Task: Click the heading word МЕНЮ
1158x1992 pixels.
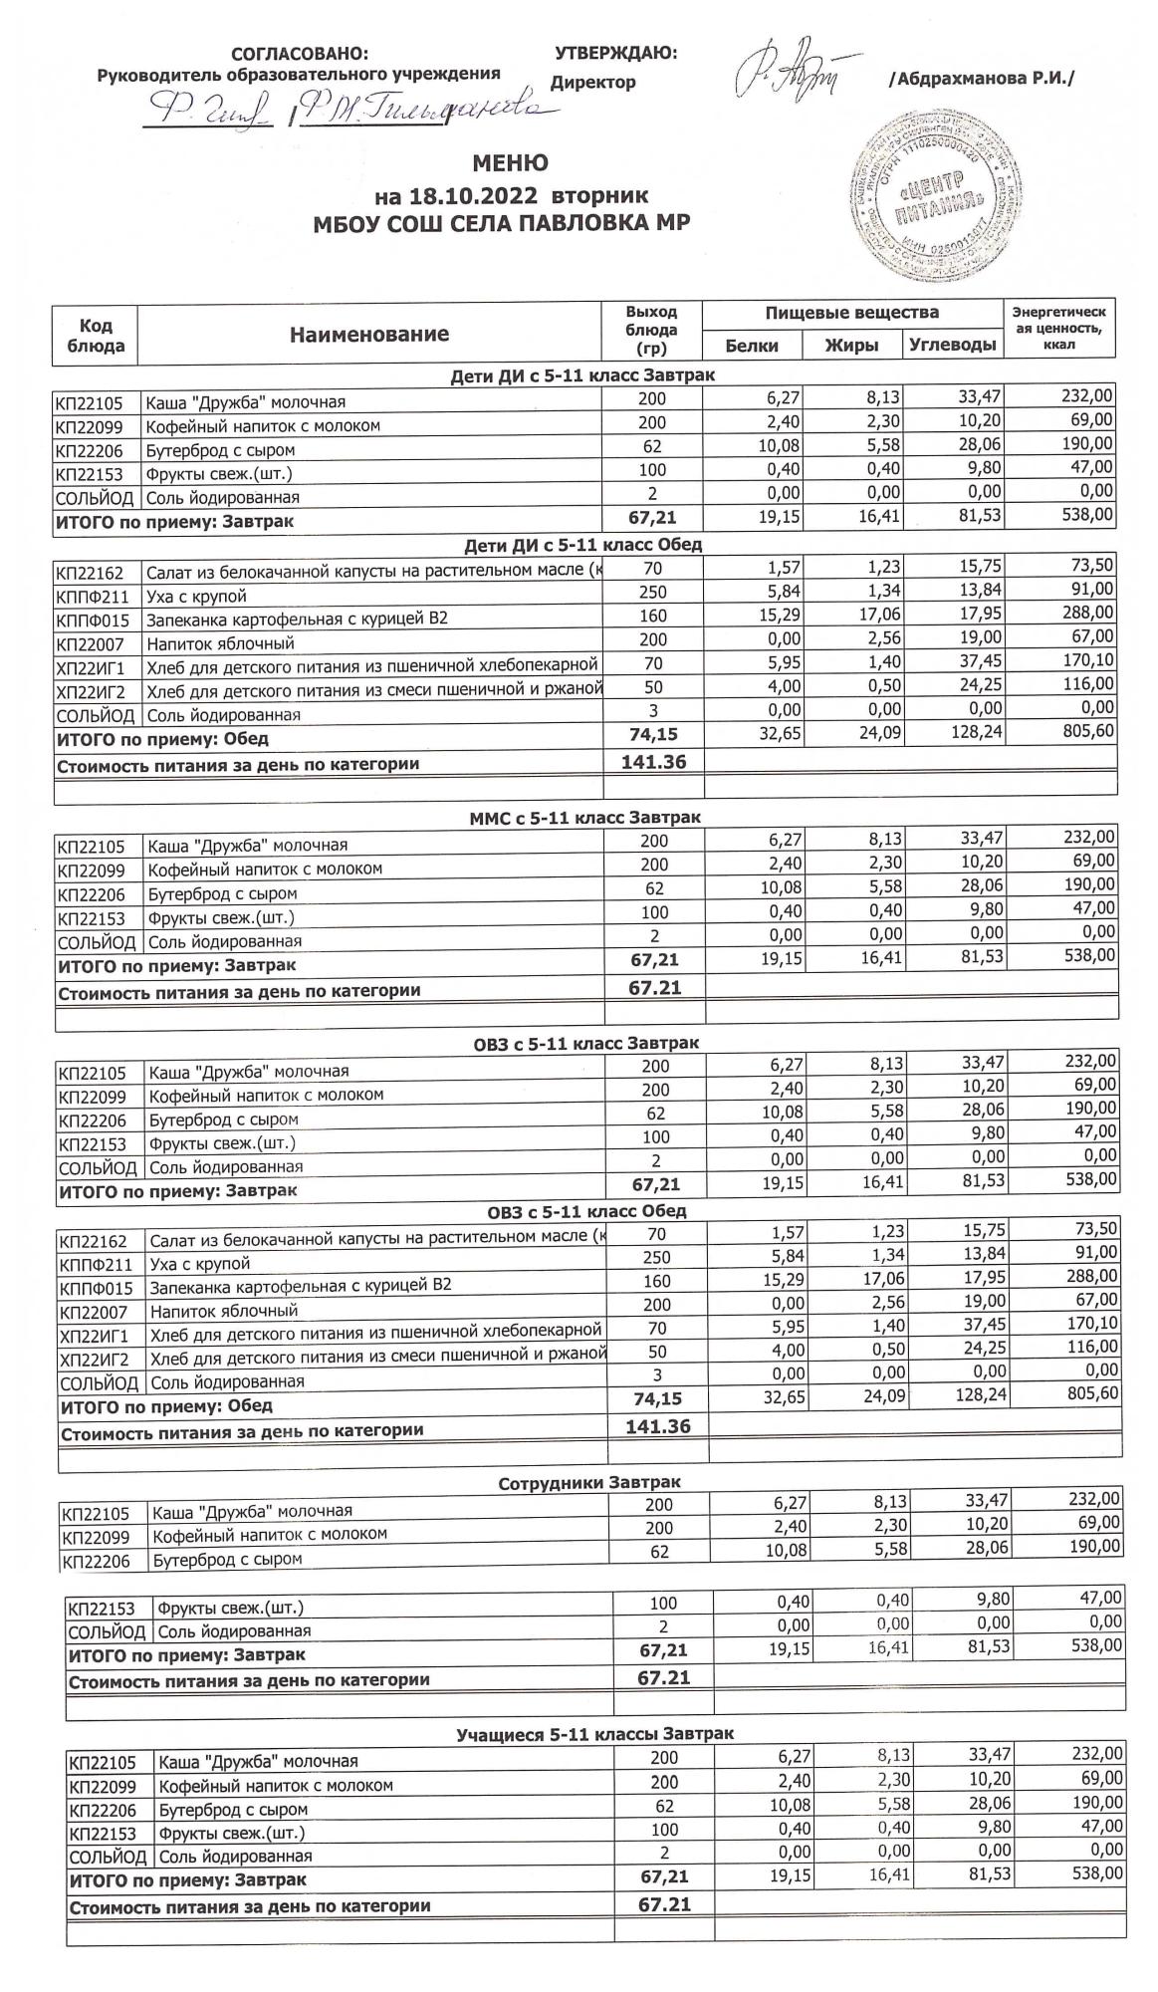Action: pos(510,162)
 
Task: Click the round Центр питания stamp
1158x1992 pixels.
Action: pos(930,196)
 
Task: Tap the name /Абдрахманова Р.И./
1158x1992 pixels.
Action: pos(982,79)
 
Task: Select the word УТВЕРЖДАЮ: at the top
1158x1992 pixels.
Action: pos(615,53)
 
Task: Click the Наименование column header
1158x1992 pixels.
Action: pos(369,334)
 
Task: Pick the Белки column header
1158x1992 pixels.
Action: pos(752,345)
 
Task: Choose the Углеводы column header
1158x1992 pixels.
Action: pos(952,345)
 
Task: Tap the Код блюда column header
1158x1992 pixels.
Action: pos(96,336)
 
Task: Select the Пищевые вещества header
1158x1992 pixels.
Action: pos(851,313)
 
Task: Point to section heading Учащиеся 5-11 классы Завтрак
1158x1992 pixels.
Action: pos(594,1734)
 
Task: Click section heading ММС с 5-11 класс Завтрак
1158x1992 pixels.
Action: pos(584,818)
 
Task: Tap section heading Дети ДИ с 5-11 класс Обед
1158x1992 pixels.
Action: pos(582,545)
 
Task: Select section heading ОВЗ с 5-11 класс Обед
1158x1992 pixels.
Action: pos(586,1212)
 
